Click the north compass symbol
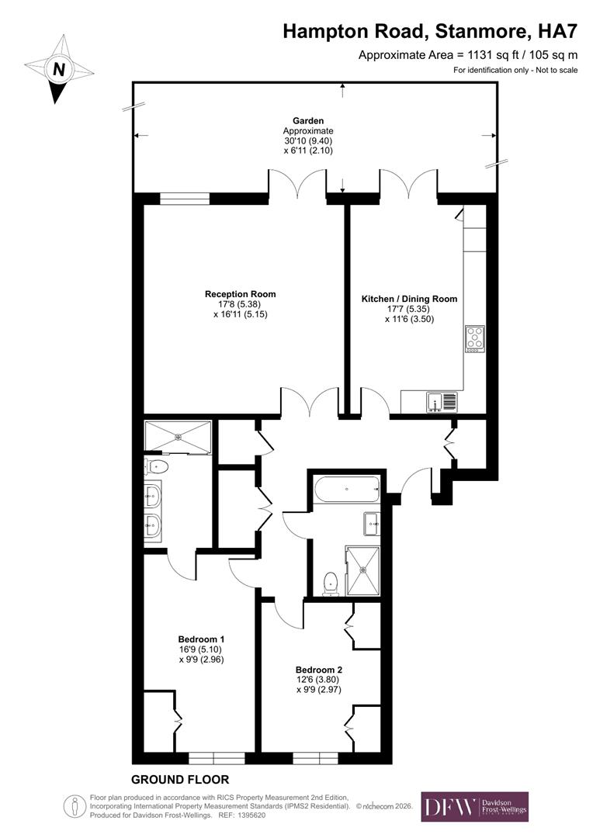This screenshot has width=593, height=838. tap(58, 69)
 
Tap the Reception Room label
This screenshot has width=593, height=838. tap(240, 294)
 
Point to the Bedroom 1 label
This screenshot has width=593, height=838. tap(200, 640)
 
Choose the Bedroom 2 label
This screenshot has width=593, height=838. tap(318, 670)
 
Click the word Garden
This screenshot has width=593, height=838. tap(308, 121)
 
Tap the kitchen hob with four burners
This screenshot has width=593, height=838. tap(474, 339)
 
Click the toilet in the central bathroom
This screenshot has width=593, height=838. tap(331, 583)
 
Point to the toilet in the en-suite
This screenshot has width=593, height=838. tap(157, 466)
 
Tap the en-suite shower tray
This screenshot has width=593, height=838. tap(178, 436)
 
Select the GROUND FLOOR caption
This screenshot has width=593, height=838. tap(180, 779)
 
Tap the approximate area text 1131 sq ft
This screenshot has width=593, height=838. tap(468, 55)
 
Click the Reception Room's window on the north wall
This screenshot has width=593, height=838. tap(185, 199)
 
